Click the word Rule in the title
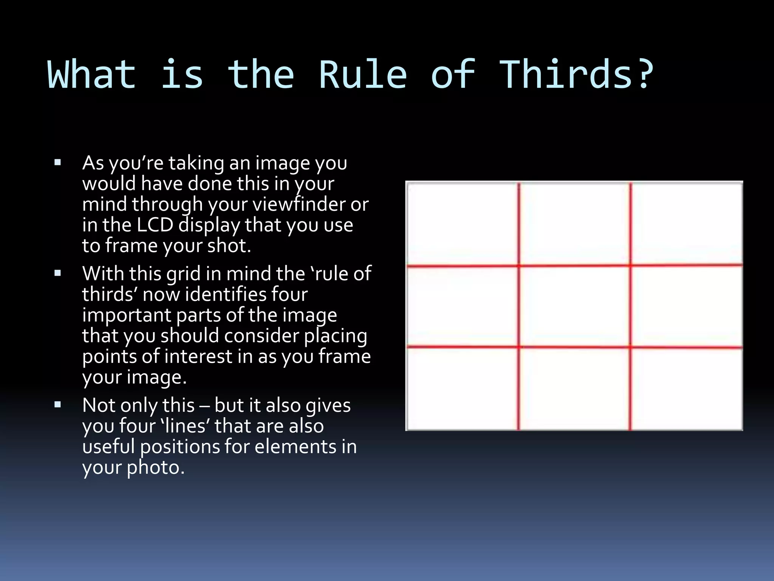362,75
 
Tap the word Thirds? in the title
577,75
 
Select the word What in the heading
91,75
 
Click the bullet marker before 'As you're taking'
58,163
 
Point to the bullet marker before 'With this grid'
58,273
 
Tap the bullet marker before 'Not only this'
58,405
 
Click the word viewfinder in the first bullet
299,205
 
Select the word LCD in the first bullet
155,225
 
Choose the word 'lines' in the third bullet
185,426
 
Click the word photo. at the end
155,468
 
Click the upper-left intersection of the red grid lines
519,266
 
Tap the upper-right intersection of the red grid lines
630,266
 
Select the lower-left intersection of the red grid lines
519,346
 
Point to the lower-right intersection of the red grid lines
630,347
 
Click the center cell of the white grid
574,306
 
